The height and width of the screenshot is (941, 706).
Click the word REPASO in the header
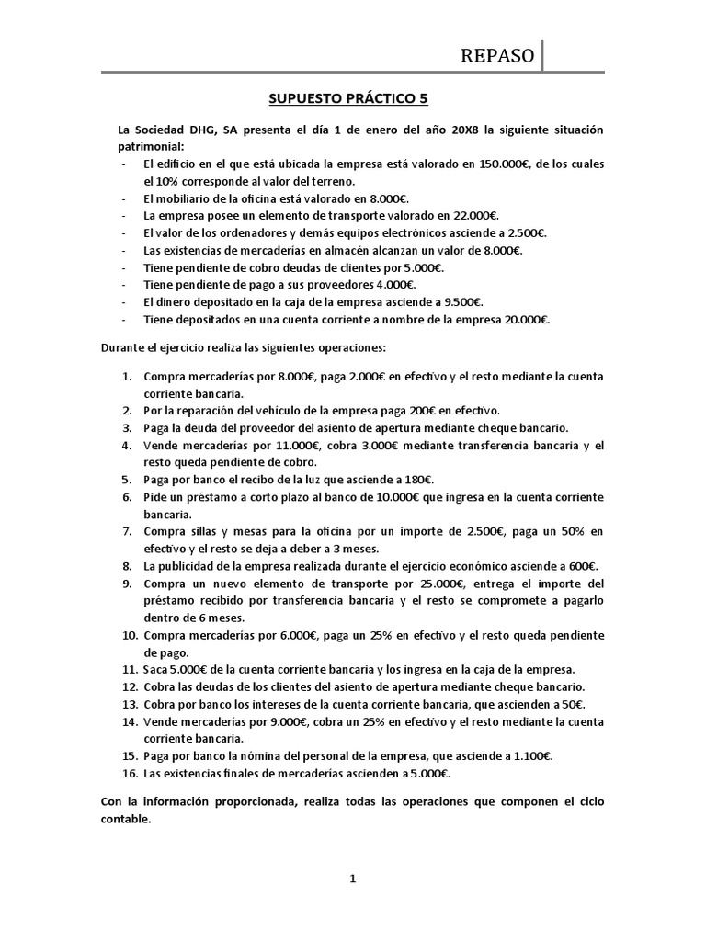point(496,56)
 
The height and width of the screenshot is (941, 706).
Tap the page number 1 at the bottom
point(352,879)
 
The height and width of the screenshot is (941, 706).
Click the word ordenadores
point(244,233)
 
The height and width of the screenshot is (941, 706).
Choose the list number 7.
point(126,531)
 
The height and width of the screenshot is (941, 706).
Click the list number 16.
point(128,773)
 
